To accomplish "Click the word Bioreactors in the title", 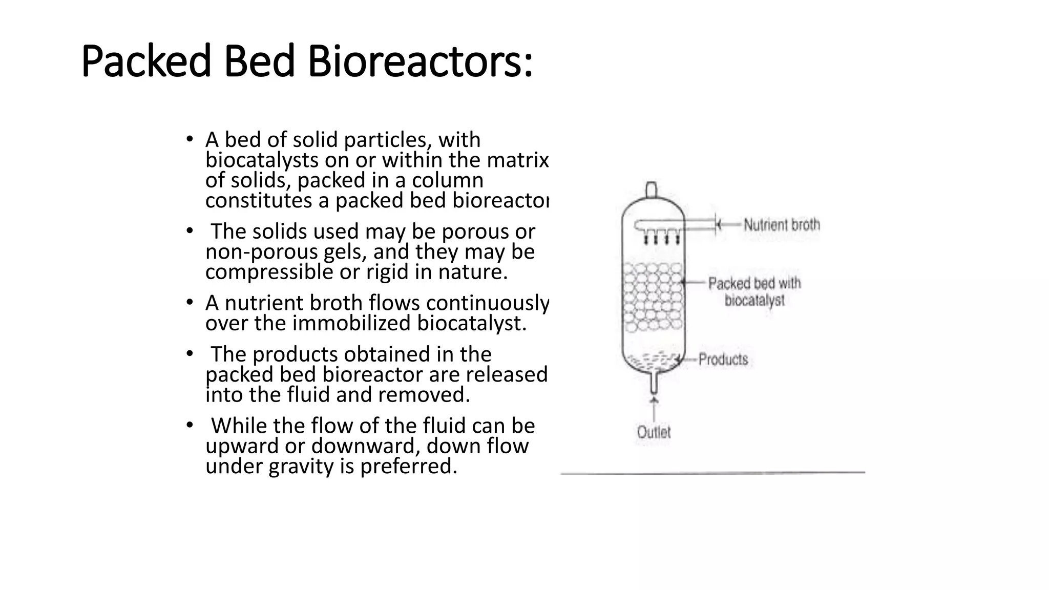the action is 420,62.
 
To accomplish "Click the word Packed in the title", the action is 146,62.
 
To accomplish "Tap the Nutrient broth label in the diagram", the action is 782,224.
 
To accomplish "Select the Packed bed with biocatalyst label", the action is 754,291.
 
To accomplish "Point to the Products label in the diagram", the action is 723,359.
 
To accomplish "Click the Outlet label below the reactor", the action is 654,432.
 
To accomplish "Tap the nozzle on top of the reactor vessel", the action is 651,190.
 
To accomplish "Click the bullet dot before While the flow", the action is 190,425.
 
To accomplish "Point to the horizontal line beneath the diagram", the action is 712,473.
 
